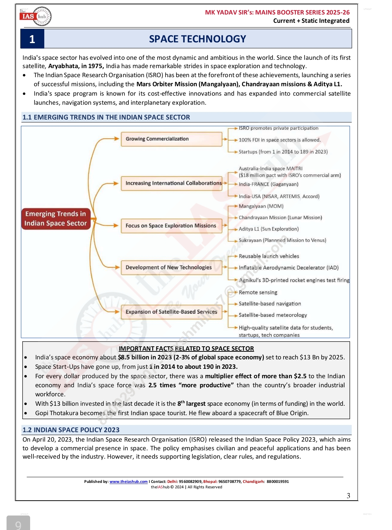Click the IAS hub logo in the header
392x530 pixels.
tap(36, 16)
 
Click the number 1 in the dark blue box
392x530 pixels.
tap(32, 39)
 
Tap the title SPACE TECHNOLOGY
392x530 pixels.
tap(197, 39)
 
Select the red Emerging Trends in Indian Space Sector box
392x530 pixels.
tap(56, 218)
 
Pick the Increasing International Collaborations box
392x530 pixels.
tap(171, 183)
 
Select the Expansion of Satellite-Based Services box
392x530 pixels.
tap(171, 312)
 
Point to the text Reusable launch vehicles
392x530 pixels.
tap(269, 256)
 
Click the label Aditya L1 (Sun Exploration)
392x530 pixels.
tap(269, 229)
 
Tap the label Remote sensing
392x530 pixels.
tap(258, 292)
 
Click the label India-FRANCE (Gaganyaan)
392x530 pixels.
tap(268, 184)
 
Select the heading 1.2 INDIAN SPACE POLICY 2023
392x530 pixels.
tap(71, 430)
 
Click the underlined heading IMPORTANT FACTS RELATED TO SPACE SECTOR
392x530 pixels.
tap(186, 349)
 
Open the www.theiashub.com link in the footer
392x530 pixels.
tap(128, 482)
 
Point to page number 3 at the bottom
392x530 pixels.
tap(348, 496)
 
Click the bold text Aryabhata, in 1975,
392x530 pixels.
tap(76, 66)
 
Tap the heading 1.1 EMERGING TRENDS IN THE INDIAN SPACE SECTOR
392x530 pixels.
tap(106, 117)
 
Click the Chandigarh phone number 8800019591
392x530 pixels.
tap(278, 482)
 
